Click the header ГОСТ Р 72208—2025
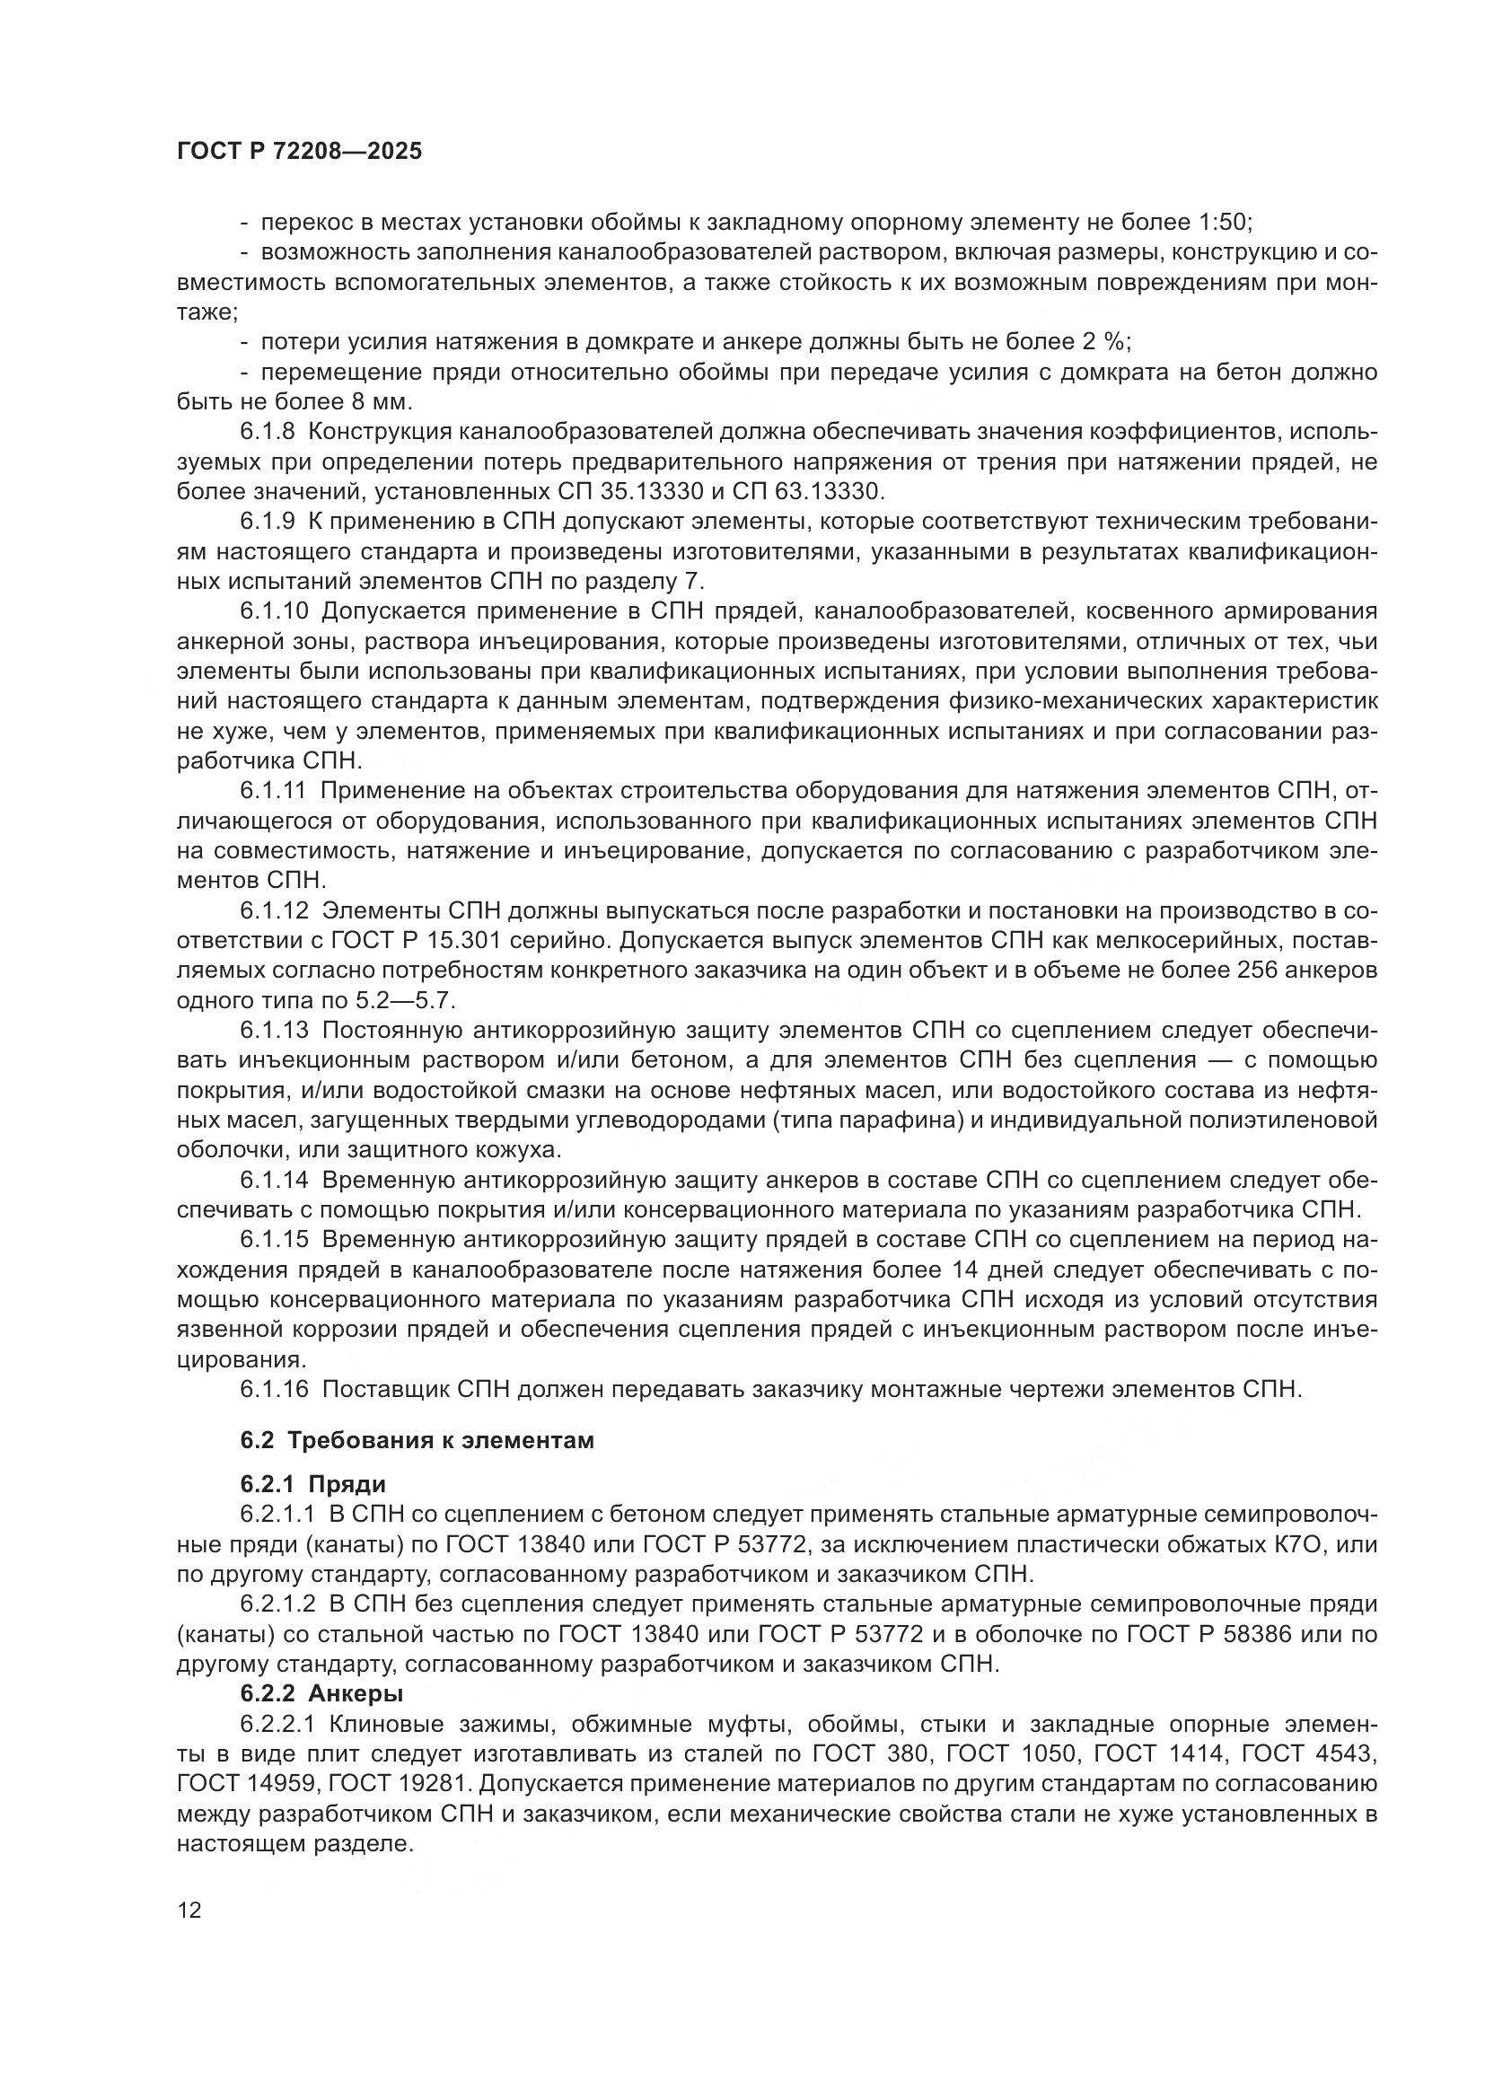coord(299,152)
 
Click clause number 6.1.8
coord(268,432)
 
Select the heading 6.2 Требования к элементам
coord(417,1440)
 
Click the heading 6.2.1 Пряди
coord(312,1484)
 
